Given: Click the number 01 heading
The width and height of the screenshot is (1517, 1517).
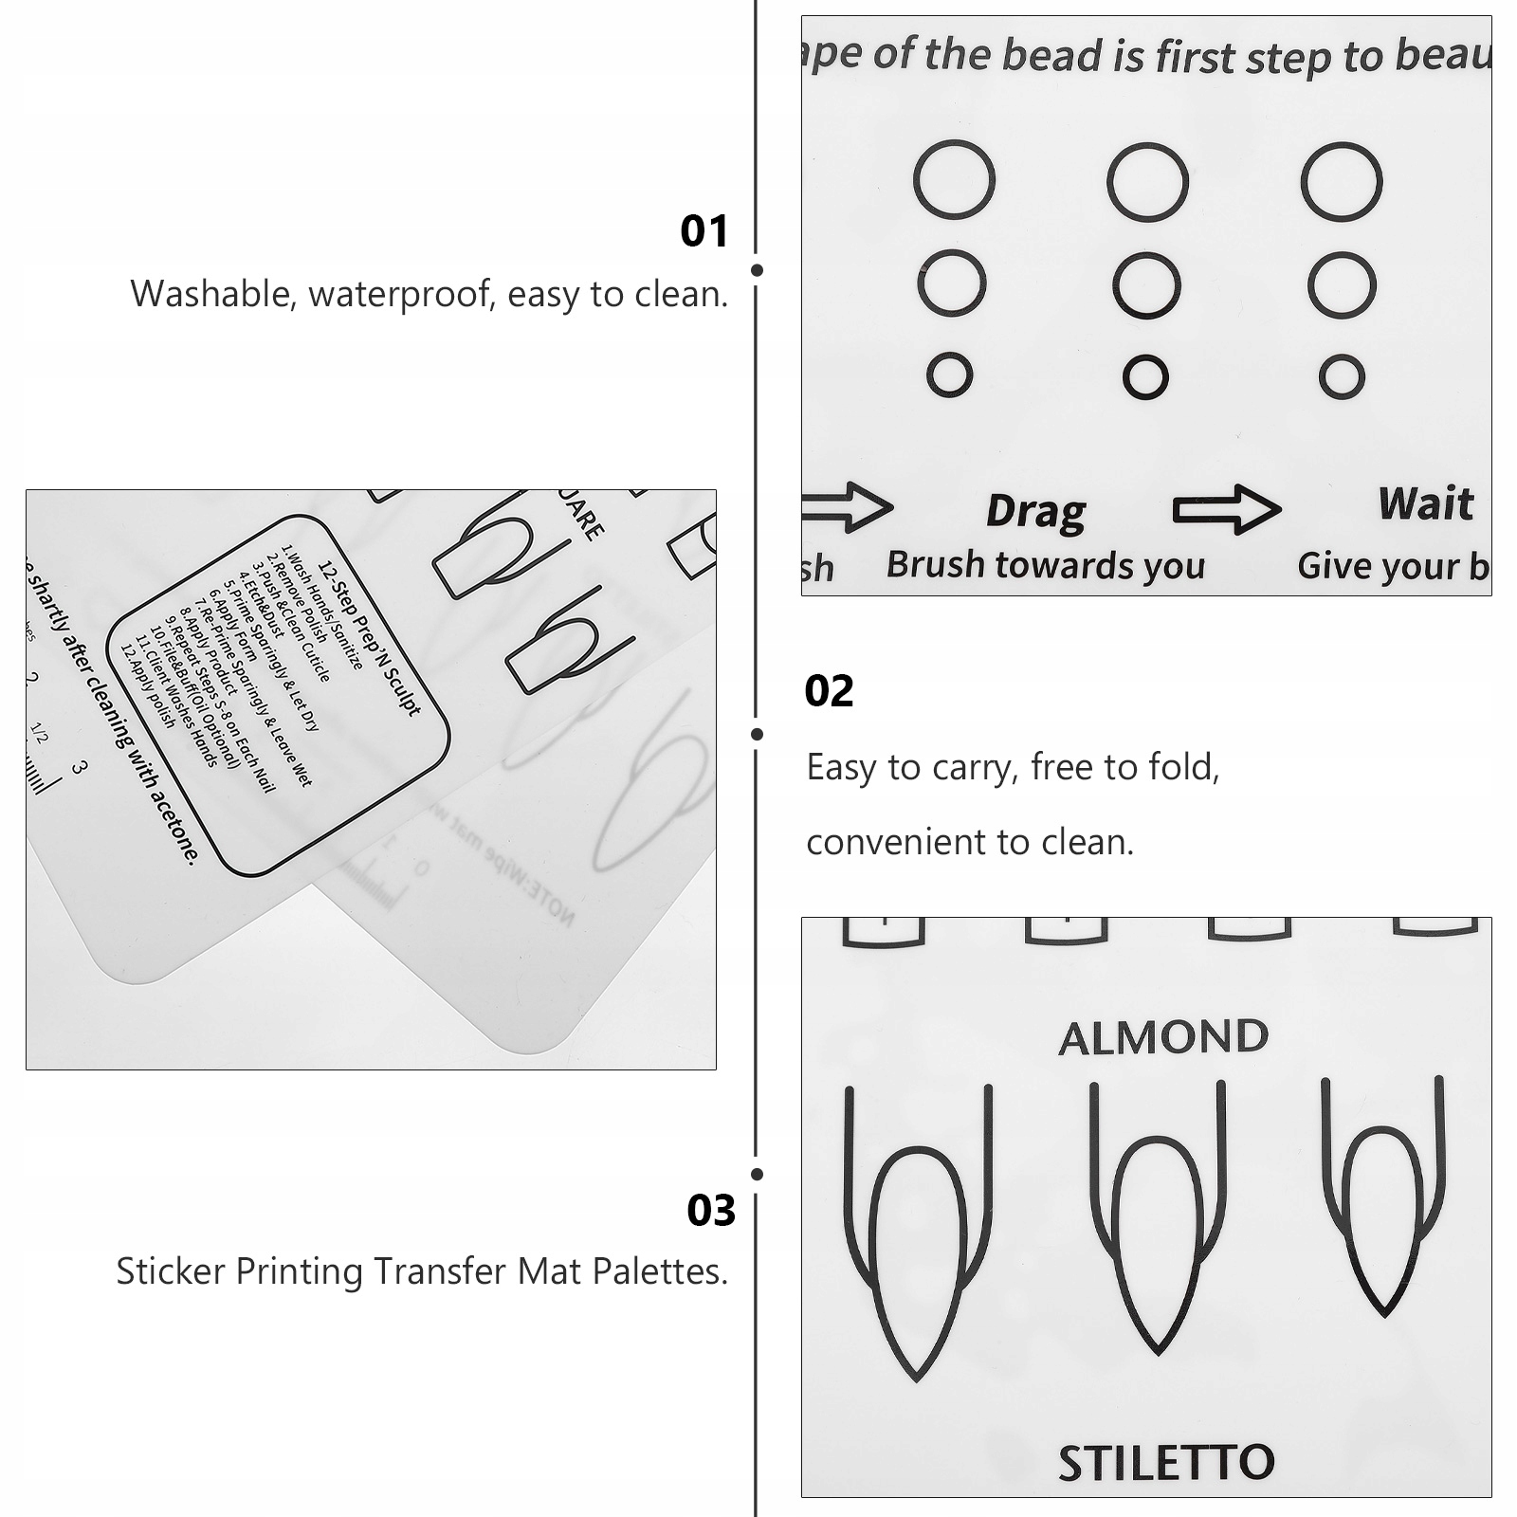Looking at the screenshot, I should (x=704, y=231).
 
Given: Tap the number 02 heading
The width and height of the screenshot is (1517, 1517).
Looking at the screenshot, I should (x=829, y=691).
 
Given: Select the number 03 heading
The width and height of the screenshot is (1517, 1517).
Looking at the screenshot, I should (x=711, y=1211).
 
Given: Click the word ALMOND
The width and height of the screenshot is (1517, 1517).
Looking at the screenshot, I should (x=1163, y=1038).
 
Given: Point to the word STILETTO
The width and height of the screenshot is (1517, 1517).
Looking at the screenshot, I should (x=1166, y=1463).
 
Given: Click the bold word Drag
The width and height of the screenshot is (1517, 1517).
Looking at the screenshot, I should (x=1035, y=511).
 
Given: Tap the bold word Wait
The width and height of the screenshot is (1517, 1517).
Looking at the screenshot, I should (x=1426, y=503).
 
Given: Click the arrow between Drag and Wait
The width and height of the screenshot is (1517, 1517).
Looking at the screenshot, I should (x=1227, y=509).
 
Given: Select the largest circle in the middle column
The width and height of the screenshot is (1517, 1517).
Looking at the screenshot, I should (x=1147, y=182).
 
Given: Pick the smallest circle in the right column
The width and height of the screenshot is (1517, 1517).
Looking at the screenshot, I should (x=1342, y=377).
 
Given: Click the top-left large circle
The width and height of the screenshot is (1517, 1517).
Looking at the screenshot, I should (x=954, y=179).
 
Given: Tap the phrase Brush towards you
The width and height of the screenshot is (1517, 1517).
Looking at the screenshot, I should (x=1046, y=565).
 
